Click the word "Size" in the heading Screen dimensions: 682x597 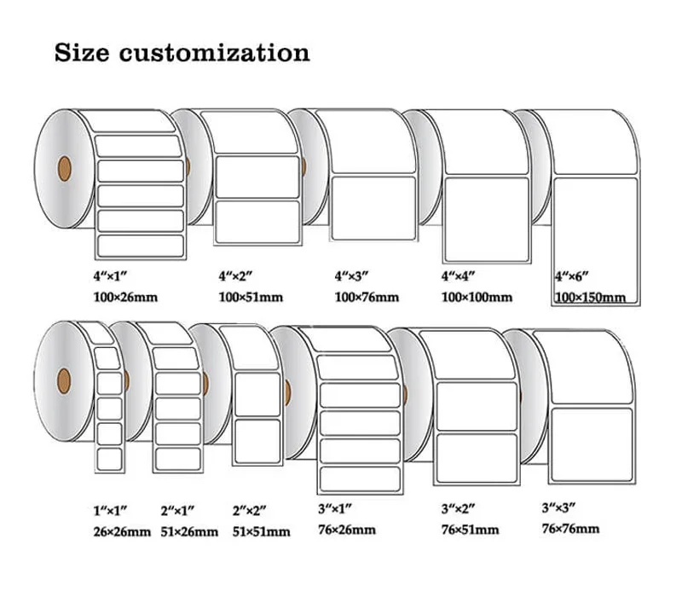pyautogui.click(x=83, y=53)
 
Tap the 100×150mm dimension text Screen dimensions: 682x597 pyautogui.click(x=590, y=298)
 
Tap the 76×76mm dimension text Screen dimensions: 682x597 pyautogui.click(x=570, y=529)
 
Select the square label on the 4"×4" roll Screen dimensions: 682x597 pyautogui.click(x=486, y=219)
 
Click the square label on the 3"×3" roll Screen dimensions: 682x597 pyautogui.click(x=591, y=444)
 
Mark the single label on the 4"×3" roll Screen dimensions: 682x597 pyautogui.click(x=373, y=208)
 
